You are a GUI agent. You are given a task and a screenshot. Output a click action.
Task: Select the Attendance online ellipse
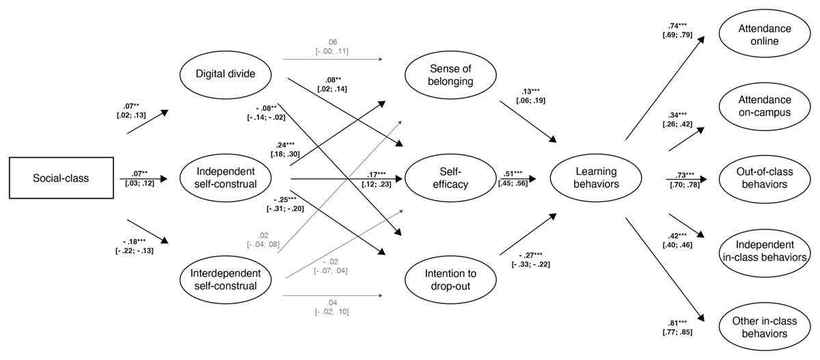point(764,35)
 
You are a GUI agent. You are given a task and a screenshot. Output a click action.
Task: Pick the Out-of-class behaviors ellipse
point(764,179)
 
